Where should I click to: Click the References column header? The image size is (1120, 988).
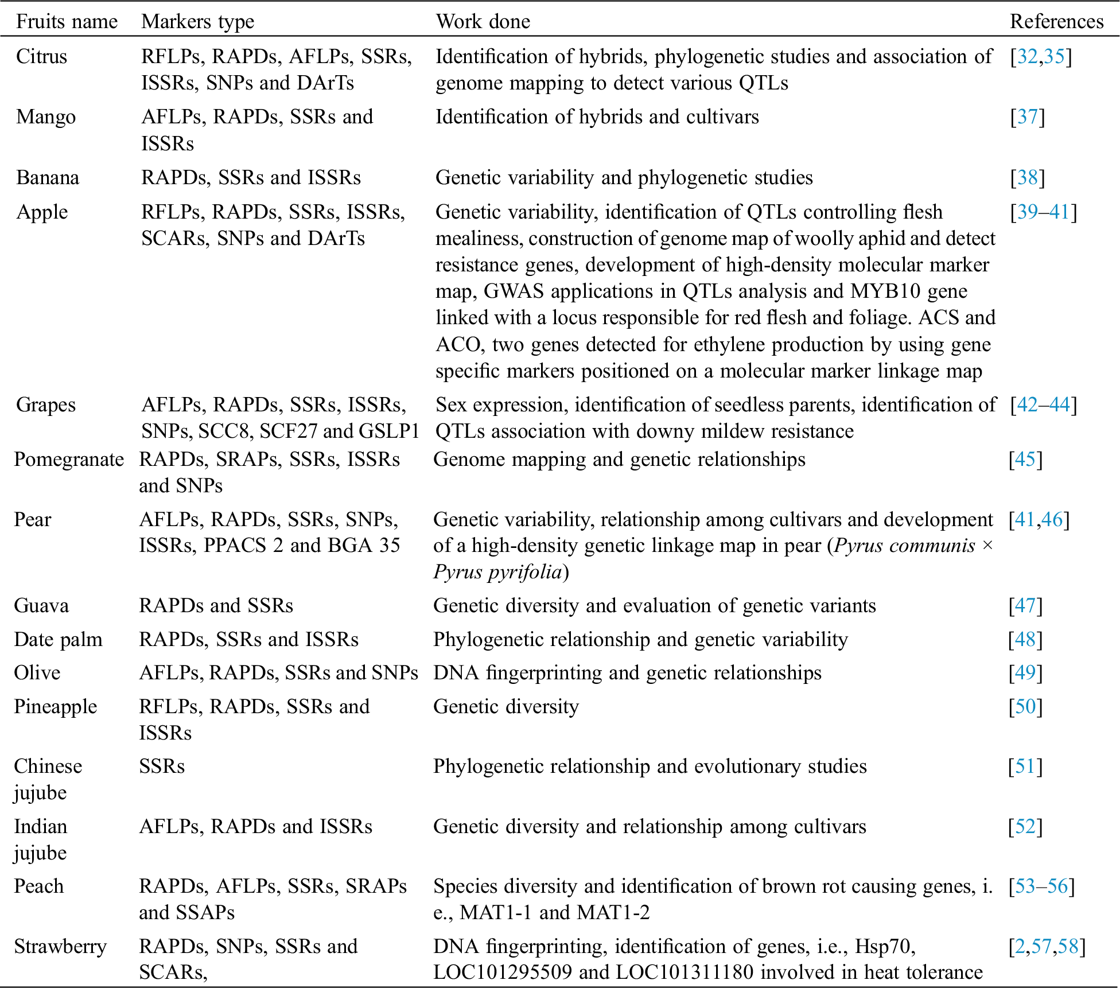pyautogui.click(x=1056, y=22)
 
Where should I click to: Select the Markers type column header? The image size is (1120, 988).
pyautogui.click(x=197, y=22)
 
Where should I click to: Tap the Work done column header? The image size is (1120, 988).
pyautogui.click(x=483, y=22)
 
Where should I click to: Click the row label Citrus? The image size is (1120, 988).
pyautogui.click(x=41, y=56)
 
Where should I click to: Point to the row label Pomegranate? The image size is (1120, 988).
pyautogui.click(x=69, y=459)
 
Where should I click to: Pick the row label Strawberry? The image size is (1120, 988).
pyautogui.click(x=60, y=946)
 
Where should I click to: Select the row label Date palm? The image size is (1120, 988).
pyautogui.click(x=58, y=639)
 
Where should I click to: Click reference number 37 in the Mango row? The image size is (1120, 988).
pyautogui.click(x=1028, y=116)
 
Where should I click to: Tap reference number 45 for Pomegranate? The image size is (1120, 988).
pyautogui.click(x=1025, y=459)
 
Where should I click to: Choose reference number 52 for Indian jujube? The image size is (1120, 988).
pyautogui.click(x=1025, y=826)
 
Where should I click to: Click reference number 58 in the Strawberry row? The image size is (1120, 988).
pyautogui.click(x=1068, y=946)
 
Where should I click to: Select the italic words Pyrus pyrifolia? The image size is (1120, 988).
pyautogui.click(x=497, y=572)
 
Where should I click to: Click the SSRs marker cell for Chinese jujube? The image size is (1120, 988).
pyautogui.click(x=162, y=767)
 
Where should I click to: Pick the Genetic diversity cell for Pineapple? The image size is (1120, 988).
pyautogui.click(x=505, y=706)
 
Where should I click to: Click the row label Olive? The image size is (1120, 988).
pyautogui.click(x=37, y=672)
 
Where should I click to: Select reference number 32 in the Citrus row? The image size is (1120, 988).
pyautogui.click(x=1027, y=56)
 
